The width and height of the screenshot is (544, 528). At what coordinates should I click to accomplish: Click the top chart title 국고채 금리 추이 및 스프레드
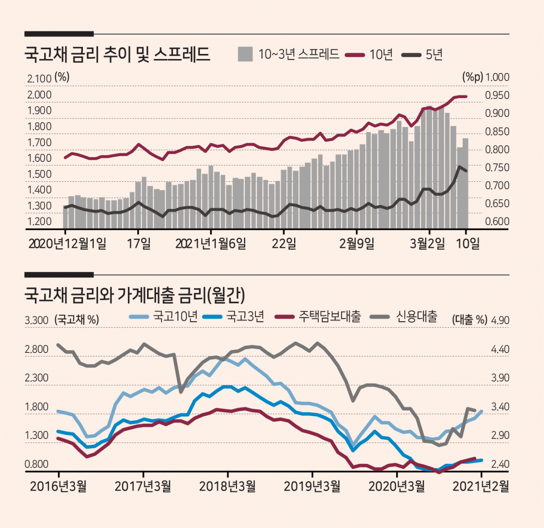click(x=117, y=54)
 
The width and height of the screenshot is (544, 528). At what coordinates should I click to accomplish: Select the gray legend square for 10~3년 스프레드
click(x=245, y=54)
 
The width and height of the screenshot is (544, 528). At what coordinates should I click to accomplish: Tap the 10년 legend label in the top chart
click(x=381, y=54)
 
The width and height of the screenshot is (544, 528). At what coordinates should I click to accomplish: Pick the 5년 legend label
click(x=434, y=54)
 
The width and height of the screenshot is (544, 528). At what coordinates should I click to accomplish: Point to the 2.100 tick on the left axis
click(x=40, y=79)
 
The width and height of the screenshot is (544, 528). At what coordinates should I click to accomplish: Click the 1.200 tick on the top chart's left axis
click(x=40, y=221)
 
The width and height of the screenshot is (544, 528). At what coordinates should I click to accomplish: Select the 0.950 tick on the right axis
click(x=497, y=95)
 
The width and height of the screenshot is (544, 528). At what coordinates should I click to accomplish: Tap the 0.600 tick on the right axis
click(x=497, y=221)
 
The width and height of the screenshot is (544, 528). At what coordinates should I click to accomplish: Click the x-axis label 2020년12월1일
click(x=68, y=243)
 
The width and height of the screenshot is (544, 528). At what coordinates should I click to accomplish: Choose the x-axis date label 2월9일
click(x=357, y=243)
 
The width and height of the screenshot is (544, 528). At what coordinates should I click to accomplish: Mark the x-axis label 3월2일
click(x=427, y=243)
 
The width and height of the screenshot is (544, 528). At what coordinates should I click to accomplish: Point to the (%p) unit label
click(x=473, y=77)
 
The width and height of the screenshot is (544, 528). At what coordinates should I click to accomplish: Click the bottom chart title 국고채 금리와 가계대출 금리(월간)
click(x=135, y=295)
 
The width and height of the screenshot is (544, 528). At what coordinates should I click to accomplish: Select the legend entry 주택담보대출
click(x=329, y=316)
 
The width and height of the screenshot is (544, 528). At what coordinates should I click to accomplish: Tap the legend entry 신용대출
click(x=416, y=316)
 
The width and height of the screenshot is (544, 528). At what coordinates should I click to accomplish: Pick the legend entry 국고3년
click(x=245, y=316)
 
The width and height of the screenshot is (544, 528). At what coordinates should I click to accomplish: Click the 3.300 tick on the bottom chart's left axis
click(x=37, y=320)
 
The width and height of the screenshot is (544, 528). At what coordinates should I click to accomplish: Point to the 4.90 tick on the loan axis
click(x=500, y=320)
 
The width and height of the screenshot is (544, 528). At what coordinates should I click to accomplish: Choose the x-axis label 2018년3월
click(x=227, y=486)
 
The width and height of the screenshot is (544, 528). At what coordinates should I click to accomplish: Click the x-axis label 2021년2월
click(x=481, y=486)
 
